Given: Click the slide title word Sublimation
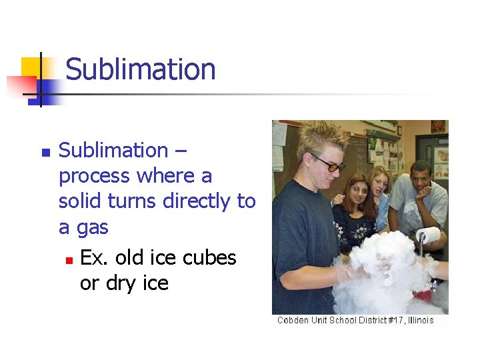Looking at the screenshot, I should point(141,69).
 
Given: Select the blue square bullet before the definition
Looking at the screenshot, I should point(45,153).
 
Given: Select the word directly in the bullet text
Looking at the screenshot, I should point(193,201).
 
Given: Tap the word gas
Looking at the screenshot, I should point(93,228).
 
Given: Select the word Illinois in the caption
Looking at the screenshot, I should point(416,321).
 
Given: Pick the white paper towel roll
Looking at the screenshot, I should point(427,235).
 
